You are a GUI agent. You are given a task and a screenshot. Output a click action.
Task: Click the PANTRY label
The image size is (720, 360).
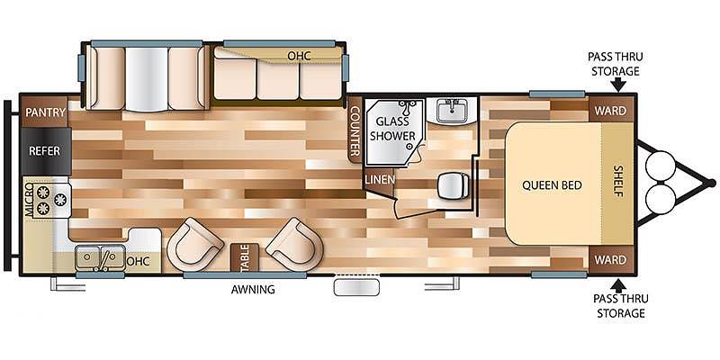point(46,112)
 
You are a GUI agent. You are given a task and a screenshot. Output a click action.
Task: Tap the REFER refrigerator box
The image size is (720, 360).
point(46,151)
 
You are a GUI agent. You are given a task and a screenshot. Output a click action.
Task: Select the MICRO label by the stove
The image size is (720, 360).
point(29,199)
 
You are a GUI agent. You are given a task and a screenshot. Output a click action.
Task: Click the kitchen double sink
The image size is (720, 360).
point(100,257)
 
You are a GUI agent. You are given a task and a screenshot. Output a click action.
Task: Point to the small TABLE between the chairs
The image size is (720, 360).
point(244,256)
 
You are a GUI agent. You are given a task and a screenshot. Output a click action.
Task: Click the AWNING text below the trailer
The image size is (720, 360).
point(253,289)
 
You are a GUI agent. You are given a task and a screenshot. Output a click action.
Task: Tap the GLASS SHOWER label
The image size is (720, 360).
point(392,129)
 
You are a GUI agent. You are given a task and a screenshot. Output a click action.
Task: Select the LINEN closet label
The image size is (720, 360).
point(380,179)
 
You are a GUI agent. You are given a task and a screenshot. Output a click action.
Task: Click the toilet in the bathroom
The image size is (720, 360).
point(454,187)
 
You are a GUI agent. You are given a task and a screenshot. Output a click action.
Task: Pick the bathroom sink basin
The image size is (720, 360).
point(452,110)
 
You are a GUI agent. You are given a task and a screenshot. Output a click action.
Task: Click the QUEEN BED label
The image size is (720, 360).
point(552,185)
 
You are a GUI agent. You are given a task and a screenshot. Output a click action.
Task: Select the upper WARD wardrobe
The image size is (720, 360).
point(611,110)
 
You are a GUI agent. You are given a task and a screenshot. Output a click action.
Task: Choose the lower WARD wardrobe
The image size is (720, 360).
point(611,259)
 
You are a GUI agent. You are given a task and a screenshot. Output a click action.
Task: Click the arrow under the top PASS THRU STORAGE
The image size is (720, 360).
point(618,85)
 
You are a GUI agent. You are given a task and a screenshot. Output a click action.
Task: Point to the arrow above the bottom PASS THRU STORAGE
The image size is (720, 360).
point(618,284)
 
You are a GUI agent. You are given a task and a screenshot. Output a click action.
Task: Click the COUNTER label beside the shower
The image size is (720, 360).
point(355,131)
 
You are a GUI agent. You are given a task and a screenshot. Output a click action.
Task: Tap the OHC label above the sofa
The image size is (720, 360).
point(299,56)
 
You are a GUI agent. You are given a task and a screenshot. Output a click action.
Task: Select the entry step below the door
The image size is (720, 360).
point(356,288)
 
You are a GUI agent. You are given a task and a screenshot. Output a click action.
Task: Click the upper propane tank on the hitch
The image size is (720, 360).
point(661,166)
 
